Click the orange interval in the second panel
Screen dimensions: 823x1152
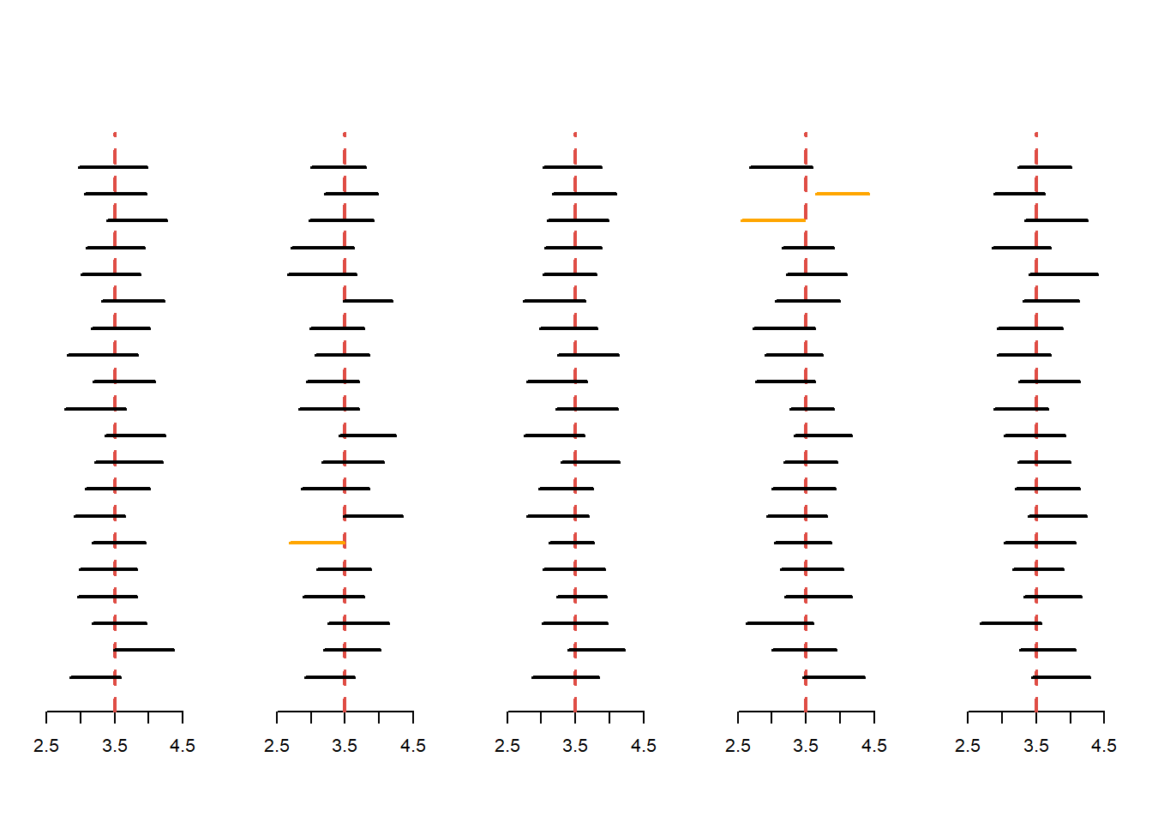pos(317,543)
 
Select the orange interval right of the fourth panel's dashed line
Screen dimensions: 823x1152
pos(843,194)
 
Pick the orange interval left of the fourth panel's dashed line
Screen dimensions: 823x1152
pos(773,220)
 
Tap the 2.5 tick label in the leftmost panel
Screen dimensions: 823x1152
pos(46,747)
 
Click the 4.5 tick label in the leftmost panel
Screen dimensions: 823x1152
pos(183,747)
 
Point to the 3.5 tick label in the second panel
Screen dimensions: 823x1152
pos(345,747)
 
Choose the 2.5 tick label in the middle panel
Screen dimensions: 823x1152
pos(507,747)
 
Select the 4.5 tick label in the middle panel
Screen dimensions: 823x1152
pos(644,747)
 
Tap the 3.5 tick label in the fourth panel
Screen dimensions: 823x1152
pos(806,747)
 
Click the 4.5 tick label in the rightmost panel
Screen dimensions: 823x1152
pos(1104,747)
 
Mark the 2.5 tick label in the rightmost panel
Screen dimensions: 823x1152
pos(968,747)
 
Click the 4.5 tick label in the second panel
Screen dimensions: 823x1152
pos(413,747)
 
